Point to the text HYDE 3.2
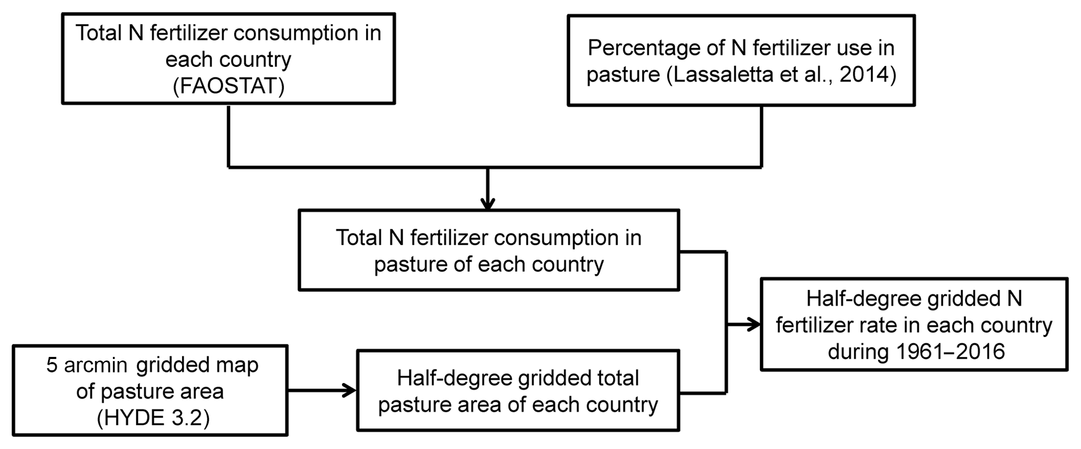(x=153, y=418)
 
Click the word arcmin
(x=96, y=365)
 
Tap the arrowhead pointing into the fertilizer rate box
(x=754, y=324)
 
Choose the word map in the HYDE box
(x=240, y=365)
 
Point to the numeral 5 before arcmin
(x=51, y=365)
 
